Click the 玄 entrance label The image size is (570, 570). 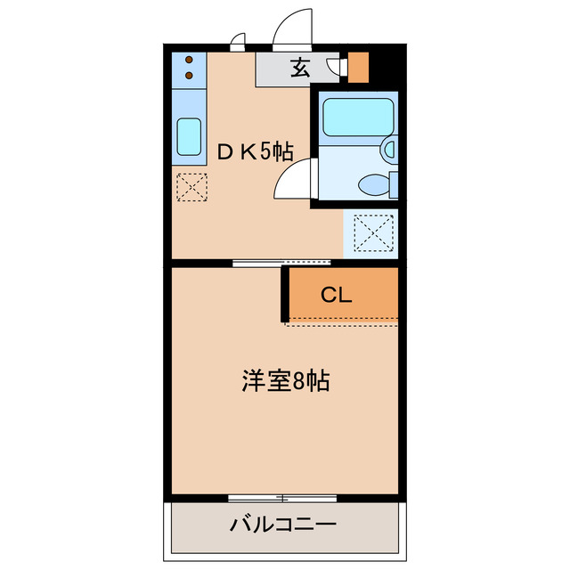pos(300,68)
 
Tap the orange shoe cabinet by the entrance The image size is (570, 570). pos(358,68)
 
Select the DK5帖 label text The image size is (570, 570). pos(256,151)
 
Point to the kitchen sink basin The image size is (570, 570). pos(189,136)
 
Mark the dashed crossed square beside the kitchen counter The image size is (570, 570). pos(191,187)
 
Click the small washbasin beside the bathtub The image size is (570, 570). pos(389,150)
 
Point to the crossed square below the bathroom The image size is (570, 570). pos(370,233)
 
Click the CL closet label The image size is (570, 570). pos(337,295)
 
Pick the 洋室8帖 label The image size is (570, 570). pos(286,381)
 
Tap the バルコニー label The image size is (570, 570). pos(282,524)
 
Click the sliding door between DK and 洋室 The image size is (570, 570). pos(281,262)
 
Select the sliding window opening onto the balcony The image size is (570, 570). pos(281,497)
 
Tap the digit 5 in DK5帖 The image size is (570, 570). pos(265,151)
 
